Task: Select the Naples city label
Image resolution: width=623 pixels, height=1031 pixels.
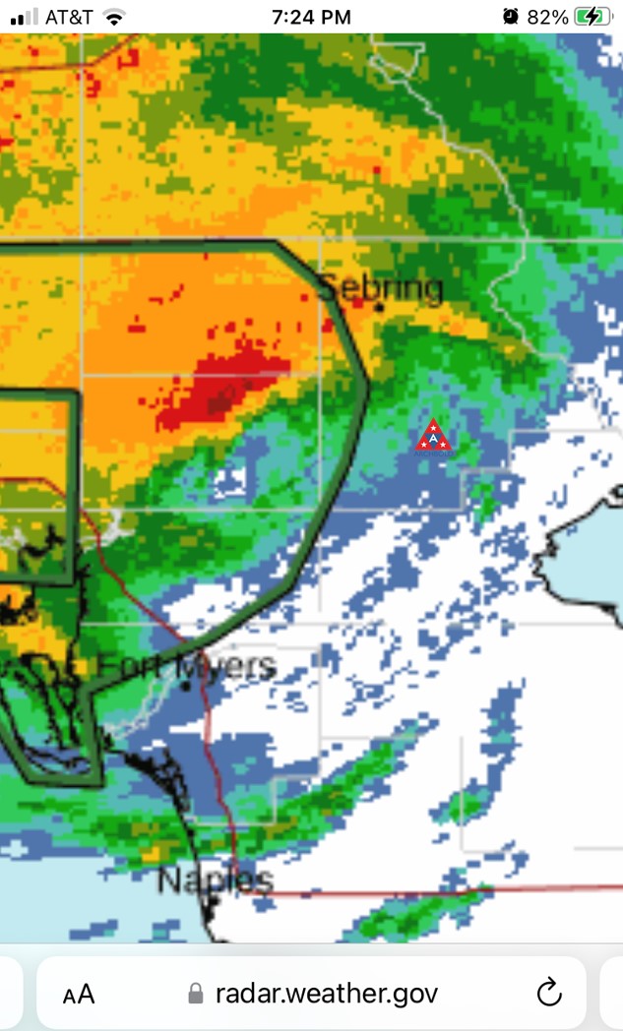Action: (x=215, y=879)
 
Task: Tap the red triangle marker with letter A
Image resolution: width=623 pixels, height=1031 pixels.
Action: (x=433, y=437)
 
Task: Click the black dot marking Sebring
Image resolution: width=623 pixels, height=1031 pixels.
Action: (x=380, y=307)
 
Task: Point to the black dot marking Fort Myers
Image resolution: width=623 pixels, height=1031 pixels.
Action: (x=185, y=686)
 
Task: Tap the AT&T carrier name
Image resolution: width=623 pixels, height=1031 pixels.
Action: (x=69, y=17)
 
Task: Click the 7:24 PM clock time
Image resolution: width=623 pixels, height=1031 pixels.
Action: (x=311, y=17)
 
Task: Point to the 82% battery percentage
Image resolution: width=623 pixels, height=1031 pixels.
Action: (x=547, y=17)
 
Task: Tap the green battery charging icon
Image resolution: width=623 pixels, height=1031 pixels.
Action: (x=594, y=17)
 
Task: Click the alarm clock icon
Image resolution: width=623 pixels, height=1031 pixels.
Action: (x=510, y=17)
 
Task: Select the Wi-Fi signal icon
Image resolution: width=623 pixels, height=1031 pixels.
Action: (x=115, y=17)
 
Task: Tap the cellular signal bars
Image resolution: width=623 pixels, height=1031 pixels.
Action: (x=28, y=17)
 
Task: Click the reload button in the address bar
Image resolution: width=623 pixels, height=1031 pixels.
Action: (x=549, y=993)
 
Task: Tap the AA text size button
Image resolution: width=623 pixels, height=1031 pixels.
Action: (x=79, y=994)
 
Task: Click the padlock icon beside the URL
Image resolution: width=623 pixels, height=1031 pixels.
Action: (x=196, y=994)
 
